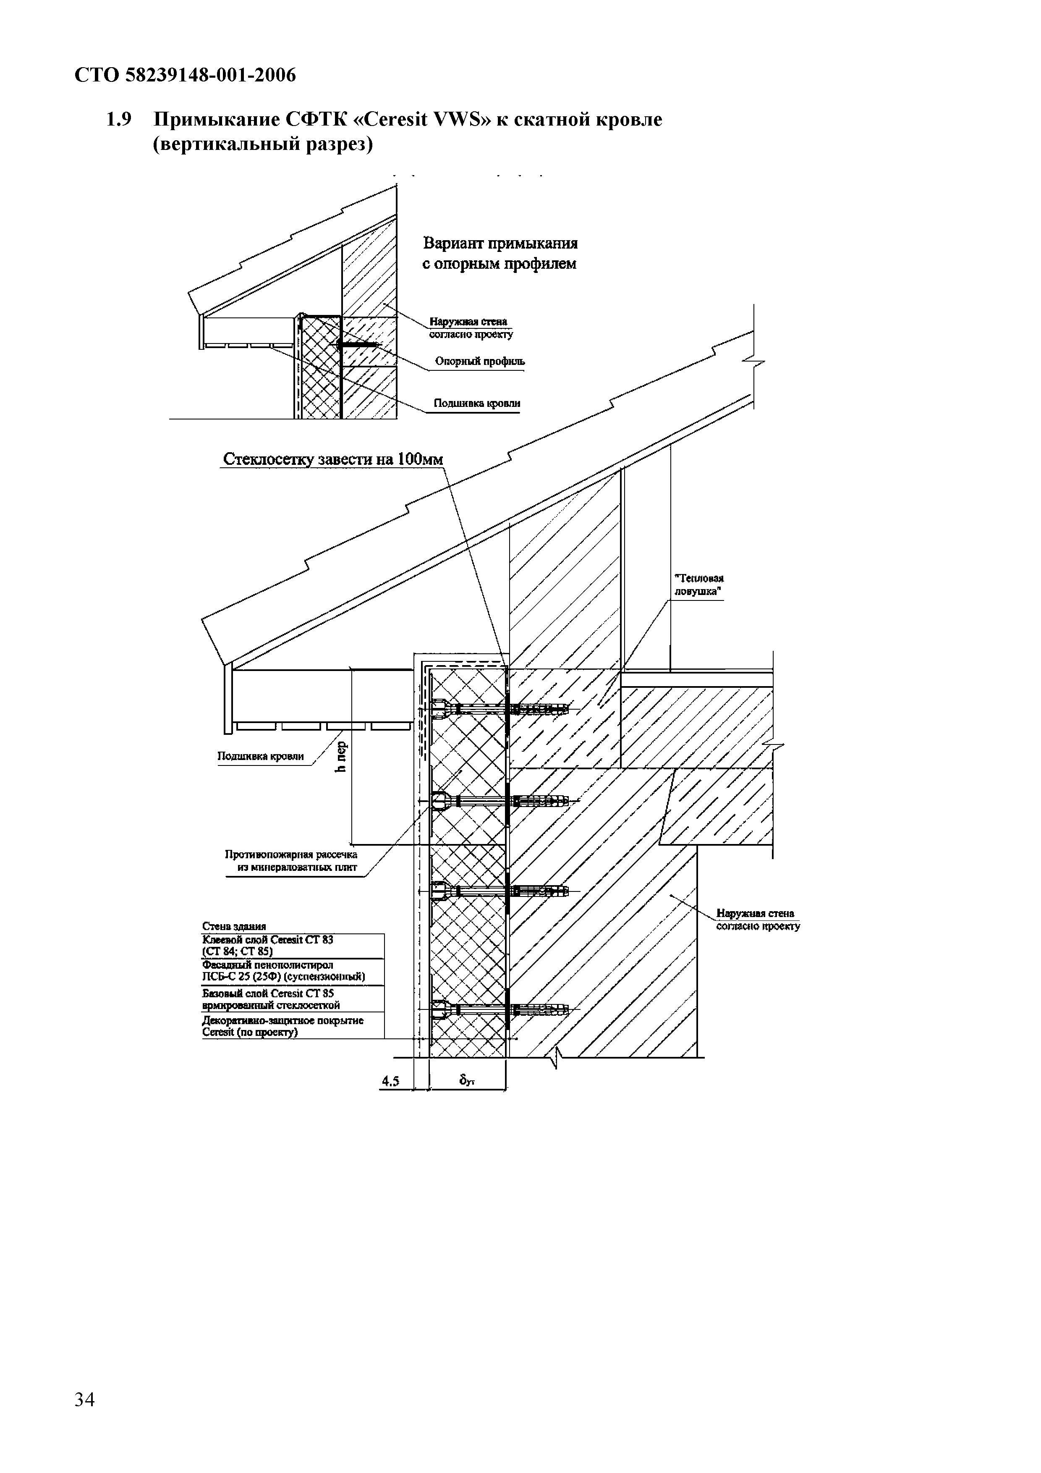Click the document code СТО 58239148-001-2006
coord(186,76)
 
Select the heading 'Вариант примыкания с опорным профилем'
coord(500,254)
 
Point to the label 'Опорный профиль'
coord(479,361)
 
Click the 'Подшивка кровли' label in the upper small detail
coord(476,404)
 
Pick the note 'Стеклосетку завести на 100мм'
coord(332,459)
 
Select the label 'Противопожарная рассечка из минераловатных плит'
coord(291,861)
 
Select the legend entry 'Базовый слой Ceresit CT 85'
coord(270,998)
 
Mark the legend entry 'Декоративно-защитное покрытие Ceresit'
coord(282,1026)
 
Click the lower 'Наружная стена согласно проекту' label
coord(758,919)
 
